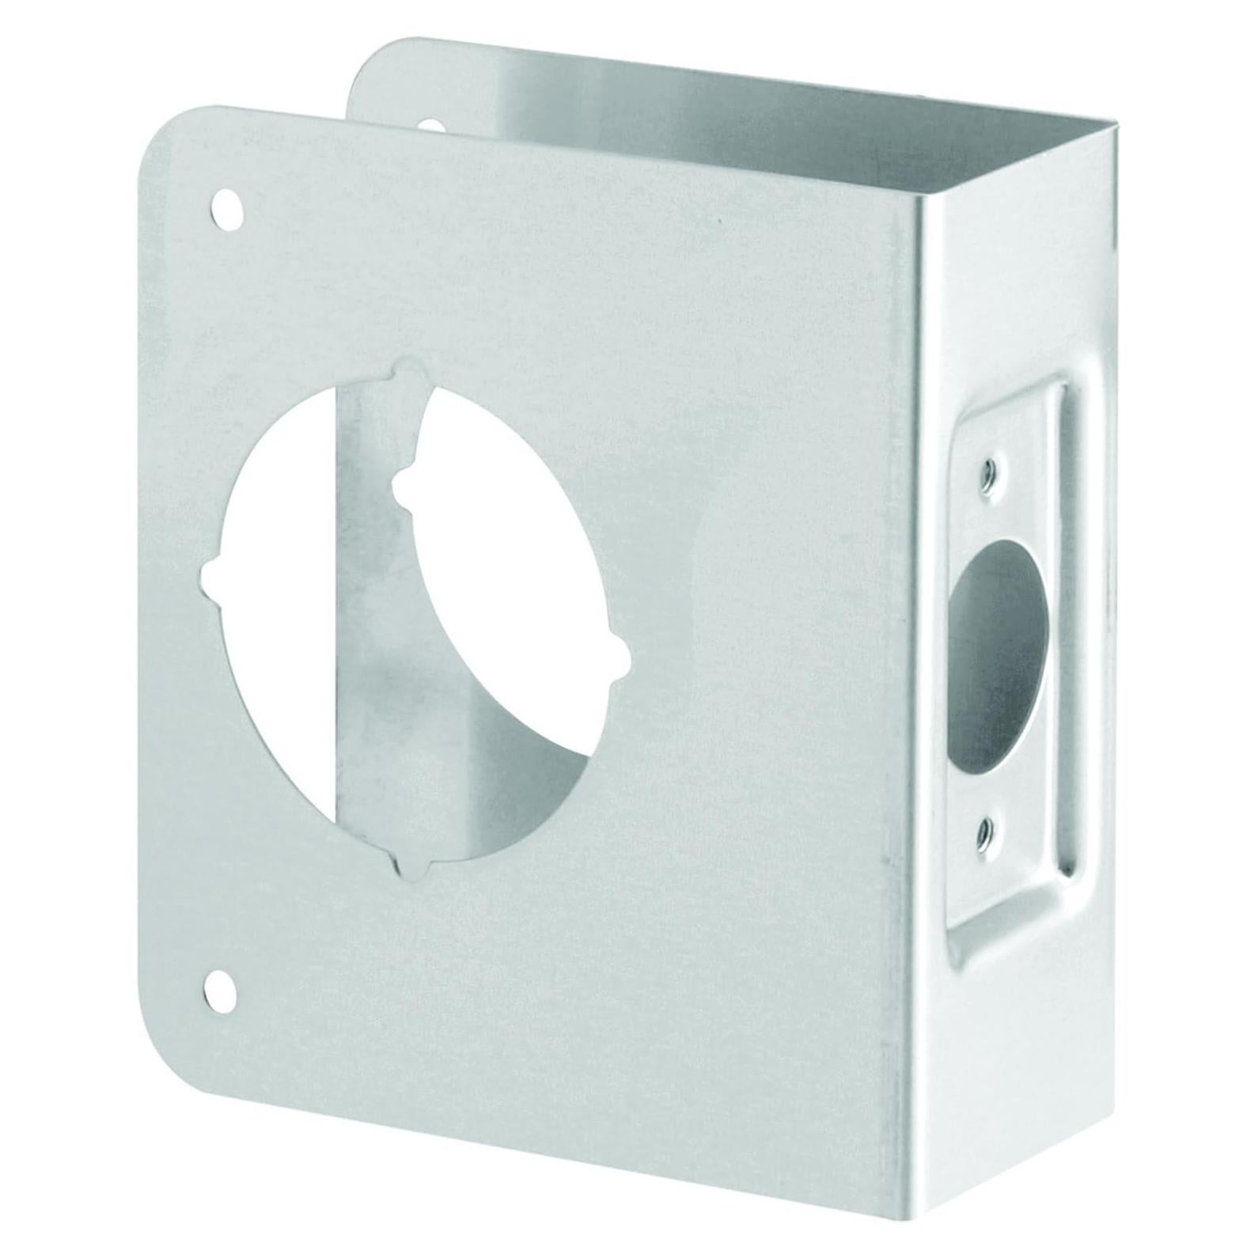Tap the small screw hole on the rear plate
(431, 125)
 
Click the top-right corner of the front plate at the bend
(919, 207)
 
